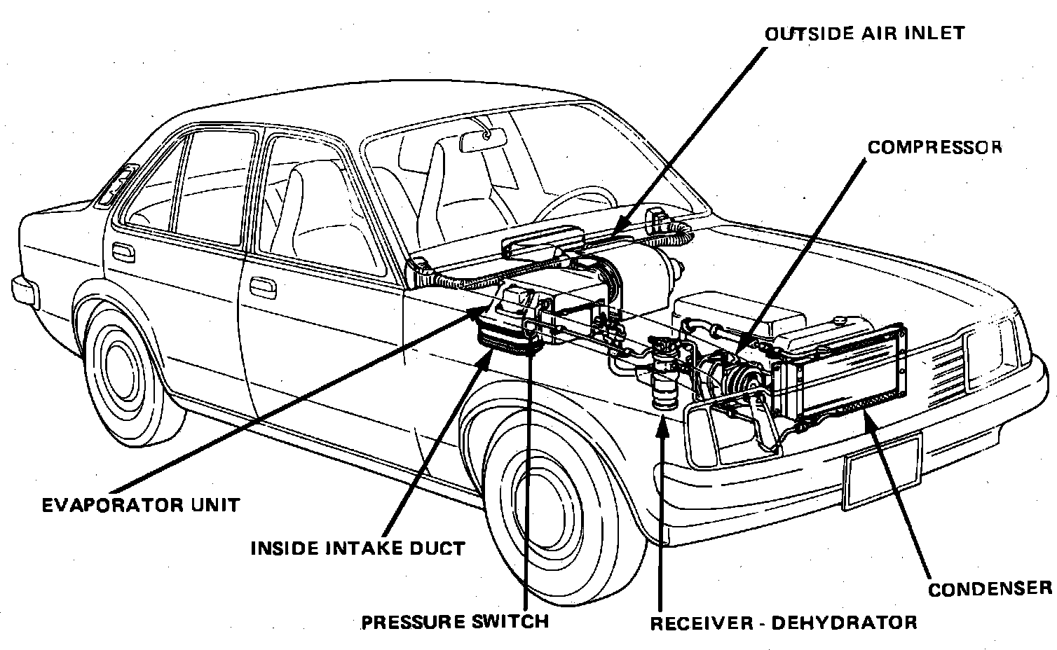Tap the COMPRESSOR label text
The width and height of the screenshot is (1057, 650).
[934, 147]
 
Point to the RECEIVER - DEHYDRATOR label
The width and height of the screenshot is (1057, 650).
[784, 622]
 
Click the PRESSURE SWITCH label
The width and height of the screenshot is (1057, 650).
[454, 621]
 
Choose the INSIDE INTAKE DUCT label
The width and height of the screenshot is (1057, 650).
[357, 547]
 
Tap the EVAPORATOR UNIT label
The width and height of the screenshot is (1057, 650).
[141, 504]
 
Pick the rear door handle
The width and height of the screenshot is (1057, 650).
[123, 252]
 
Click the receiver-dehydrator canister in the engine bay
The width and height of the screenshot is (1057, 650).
[662, 375]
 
